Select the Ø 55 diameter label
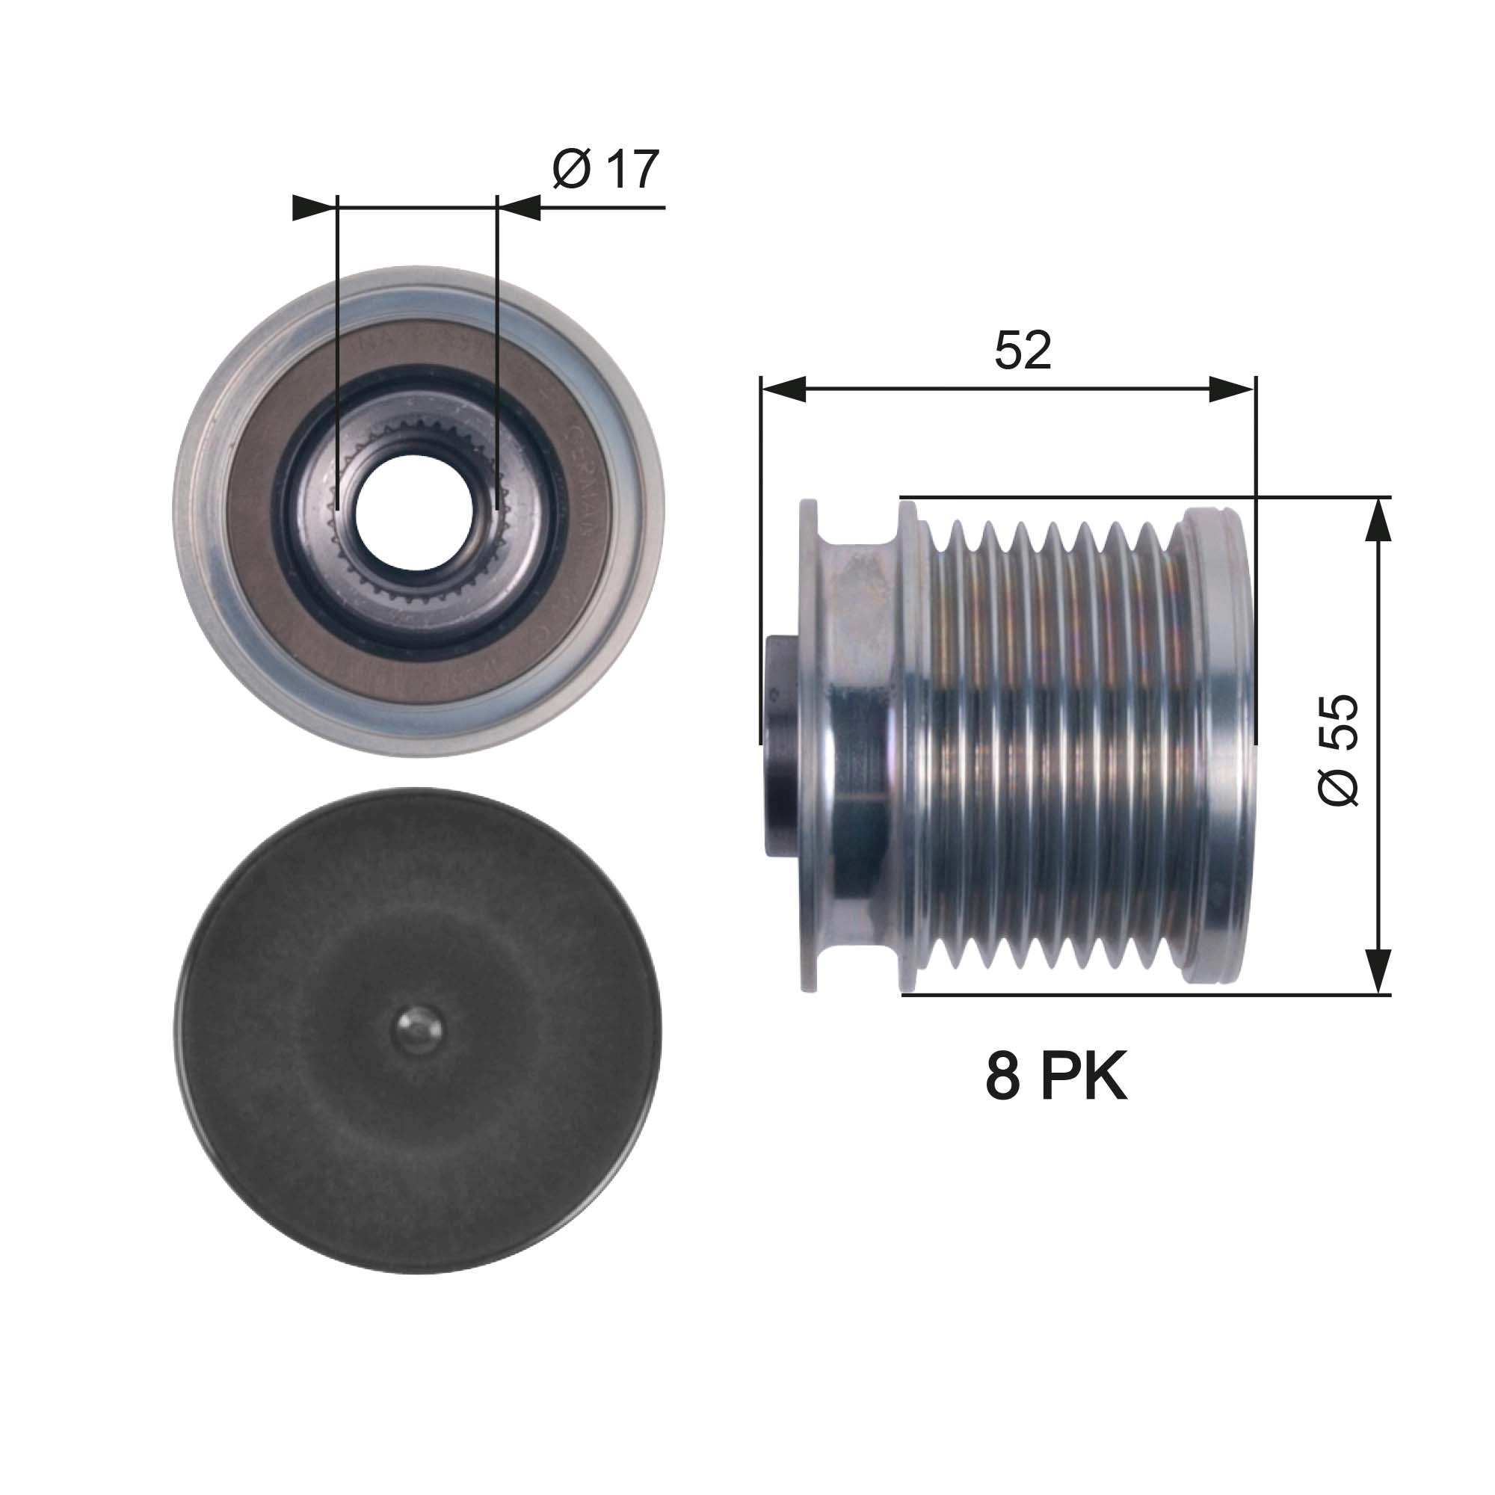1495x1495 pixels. click(x=1338, y=750)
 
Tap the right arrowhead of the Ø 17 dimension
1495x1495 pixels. click(x=519, y=208)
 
